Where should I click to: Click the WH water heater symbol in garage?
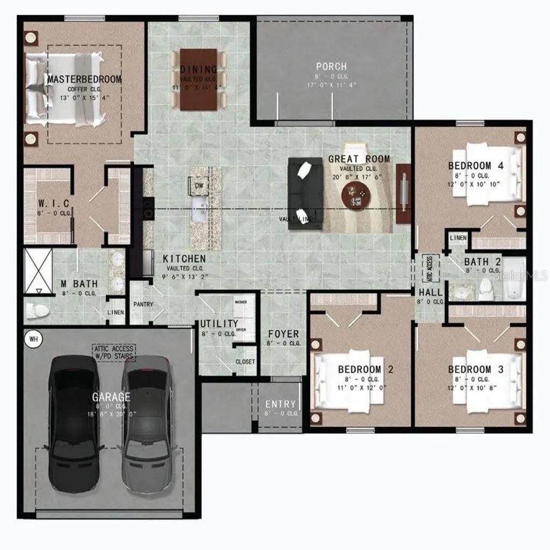click(x=33, y=339)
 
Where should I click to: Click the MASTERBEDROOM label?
click(x=84, y=79)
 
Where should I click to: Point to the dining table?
click(x=198, y=79)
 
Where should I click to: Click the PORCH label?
click(x=331, y=67)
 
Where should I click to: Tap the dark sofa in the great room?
click(x=305, y=193)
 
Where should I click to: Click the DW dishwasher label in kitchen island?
click(x=199, y=185)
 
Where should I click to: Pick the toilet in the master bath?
click(x=37, y=310)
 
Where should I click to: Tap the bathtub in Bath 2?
click(x=515, y=279)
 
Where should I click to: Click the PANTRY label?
click(x=143, y=305)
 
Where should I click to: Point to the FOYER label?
click(x=284, y=334)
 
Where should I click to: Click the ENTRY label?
click(x=280, y=404)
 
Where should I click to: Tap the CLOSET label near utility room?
click(x=245, y=362)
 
